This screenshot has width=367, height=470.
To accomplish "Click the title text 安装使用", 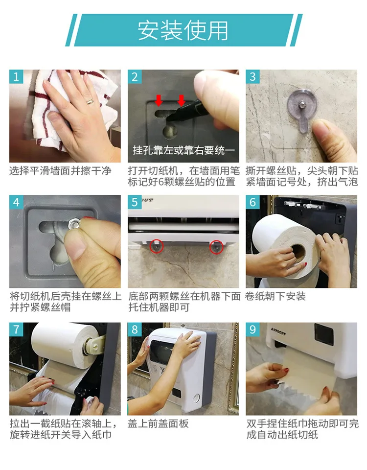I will pyautogui.click(x=183, y=30).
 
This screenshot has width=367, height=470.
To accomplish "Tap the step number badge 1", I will pyautogui.click(x=16, y=77).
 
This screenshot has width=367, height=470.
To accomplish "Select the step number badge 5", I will pyautogui.click(x=135, y=202).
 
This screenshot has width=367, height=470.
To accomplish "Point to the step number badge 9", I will pyautogui.click(x=252, y=329).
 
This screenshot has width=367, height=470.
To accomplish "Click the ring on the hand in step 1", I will pyautogui.click(x=90, y=101).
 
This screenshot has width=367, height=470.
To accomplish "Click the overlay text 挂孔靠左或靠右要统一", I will pyautogui.click(x=183, y=149).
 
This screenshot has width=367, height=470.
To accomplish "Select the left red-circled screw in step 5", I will pyautogui.click(x=156, y=246).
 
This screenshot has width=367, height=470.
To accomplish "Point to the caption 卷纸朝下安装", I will pyautogui.click(x=276, y=296).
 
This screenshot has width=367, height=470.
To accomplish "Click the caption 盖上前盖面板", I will pyautogui.click(x=158, y=423).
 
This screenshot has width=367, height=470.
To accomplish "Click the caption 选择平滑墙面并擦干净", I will pyautogui.click(x=60, y=171).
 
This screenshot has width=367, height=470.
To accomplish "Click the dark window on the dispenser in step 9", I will pyautogui.click(x=324, y=334).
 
